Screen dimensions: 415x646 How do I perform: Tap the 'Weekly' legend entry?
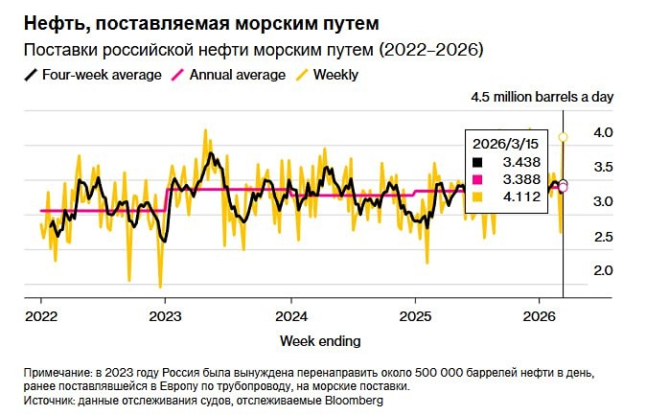point(335,75)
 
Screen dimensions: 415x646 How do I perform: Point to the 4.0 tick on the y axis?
point(602,132)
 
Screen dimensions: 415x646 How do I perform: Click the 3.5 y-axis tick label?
point(602,167)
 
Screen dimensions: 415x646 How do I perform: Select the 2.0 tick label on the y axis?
point(602,270)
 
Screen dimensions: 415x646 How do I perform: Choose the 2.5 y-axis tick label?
point(602,236)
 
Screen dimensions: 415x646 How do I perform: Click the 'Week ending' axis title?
point(320,340)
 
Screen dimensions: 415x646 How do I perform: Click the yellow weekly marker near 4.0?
point(564,137)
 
